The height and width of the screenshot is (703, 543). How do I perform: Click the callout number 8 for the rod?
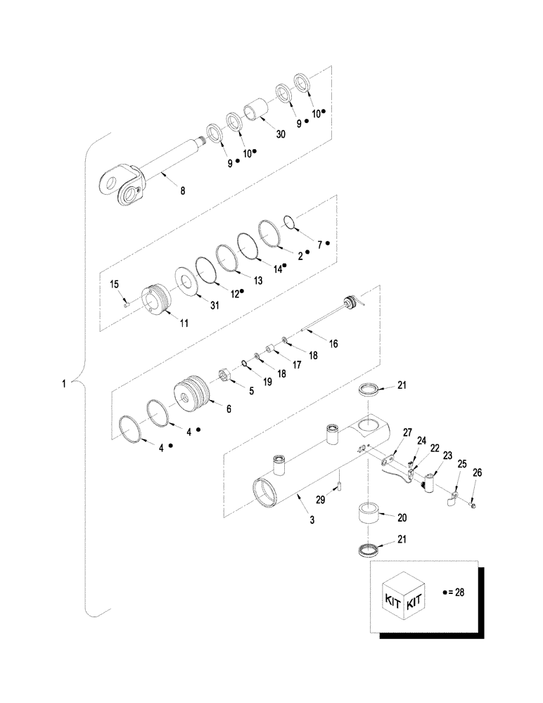pyautogui.click(x=183, y=191)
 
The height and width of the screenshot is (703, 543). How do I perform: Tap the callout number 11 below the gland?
pyautogui.click(x=184, y=323)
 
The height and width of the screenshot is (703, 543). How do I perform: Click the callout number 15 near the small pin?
pyautogui.click(x=114, y=283)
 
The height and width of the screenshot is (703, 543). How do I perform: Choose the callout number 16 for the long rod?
pyautogui.click(x=333, y=343)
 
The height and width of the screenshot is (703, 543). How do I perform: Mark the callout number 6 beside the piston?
pyautogui.click(x=228, y=407)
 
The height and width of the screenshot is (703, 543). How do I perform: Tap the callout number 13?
pyautogui.click(x=258, y=280)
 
